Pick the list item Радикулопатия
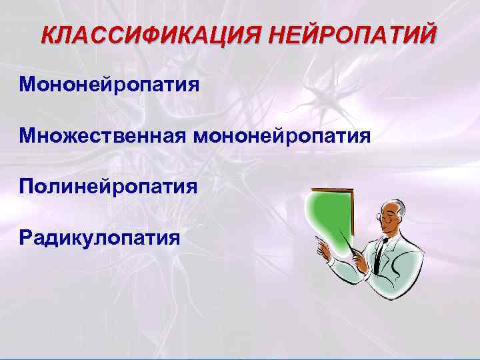[x=100, y=237]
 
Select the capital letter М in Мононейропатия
[x=29, y=85]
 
